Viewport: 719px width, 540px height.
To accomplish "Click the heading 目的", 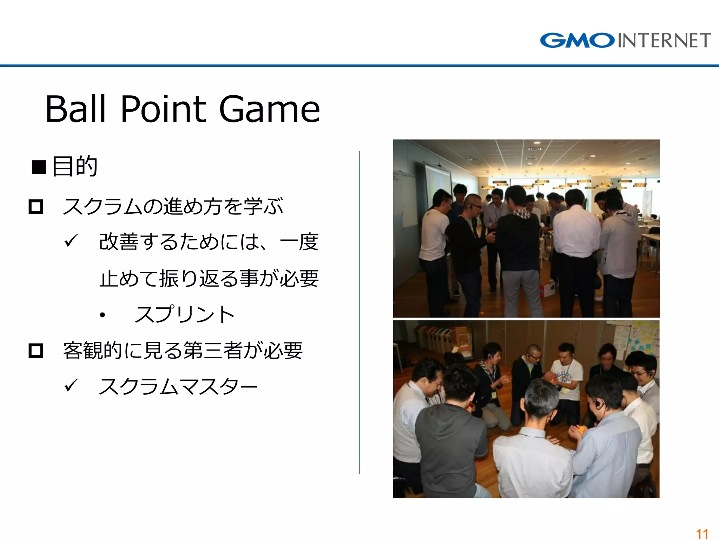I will pyautogui.click(x=74, y=166).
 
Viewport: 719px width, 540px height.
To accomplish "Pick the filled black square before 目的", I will pyautogui.click(x=39, y=167).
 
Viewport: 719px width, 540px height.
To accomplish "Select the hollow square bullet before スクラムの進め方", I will pyautogui.click(x=36, y=207).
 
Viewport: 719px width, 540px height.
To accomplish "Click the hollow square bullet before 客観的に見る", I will pyautogui.click(x=36, y=351).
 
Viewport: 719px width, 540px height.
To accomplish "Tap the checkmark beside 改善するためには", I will pyautogui.click(x=71, y=241).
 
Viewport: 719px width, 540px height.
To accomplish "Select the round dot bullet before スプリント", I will pyautogui.click(x=102, y=315).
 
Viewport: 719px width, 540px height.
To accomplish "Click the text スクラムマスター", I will pyautogui.click(x=178, y=387).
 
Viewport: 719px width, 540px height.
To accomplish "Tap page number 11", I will pyautogui.click(x=702, y=534).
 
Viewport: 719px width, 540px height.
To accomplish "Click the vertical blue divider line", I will pyautogui.click(x=359, y=313).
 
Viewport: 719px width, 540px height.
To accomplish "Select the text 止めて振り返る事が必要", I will pyautogui.click(x=209, y=279).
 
